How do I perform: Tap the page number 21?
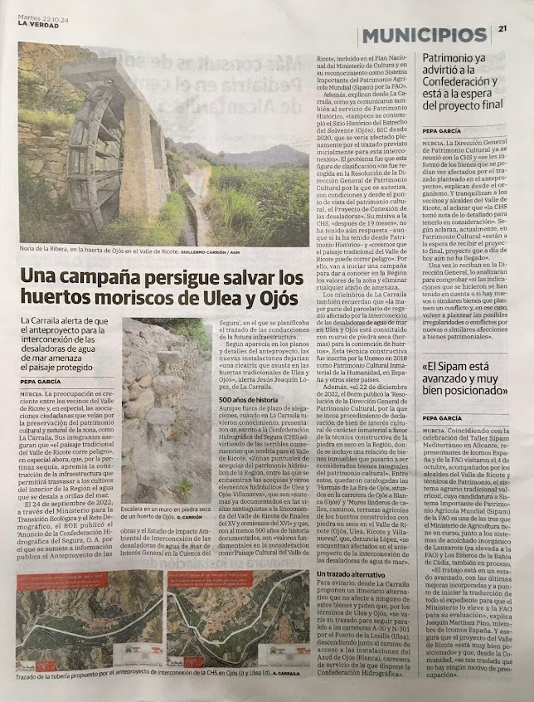tap(503, 30)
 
